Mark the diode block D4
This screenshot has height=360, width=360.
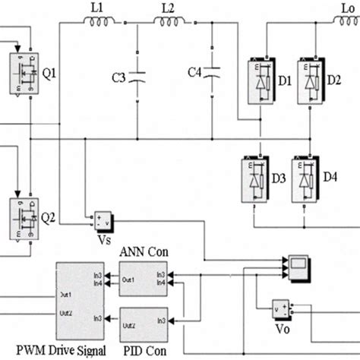point(308,179)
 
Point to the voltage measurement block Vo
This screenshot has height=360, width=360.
point(282,310)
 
